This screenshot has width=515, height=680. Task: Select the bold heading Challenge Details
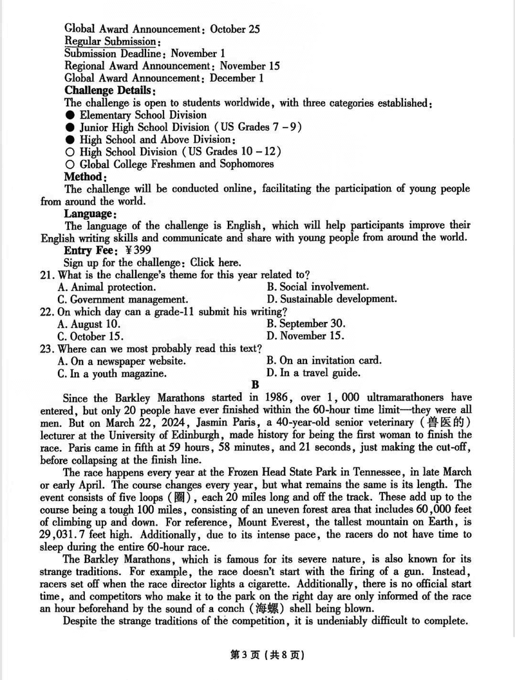click(108, 90)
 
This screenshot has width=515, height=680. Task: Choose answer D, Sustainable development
click(332, 299)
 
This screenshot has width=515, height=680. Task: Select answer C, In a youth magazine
click(113, 373)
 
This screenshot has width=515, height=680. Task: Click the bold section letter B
click(254, 384)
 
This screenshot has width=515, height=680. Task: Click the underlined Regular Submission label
click(109, 41)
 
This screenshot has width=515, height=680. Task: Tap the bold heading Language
click(90, 213)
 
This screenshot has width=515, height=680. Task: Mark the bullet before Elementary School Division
click(70, 115)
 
